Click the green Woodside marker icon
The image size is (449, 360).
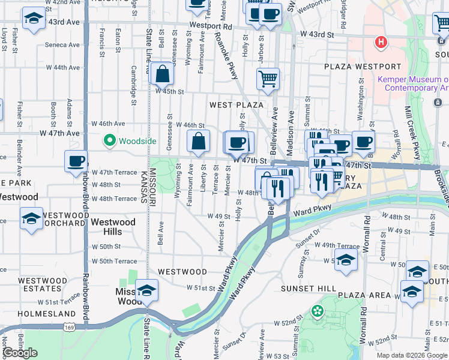[109, 141]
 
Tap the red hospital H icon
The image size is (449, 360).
[380, 42]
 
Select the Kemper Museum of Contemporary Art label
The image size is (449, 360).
[413, 83]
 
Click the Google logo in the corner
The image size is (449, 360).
[20, 353]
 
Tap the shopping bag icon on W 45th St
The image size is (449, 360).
[162, 76]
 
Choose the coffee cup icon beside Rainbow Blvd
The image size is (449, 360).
[76, 162]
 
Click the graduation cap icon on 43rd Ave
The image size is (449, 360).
[34, 19]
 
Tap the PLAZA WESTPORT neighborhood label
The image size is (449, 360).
[362, 67]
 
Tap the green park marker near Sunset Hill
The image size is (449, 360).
[317, 311]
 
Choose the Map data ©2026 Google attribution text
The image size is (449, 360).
[412, 355]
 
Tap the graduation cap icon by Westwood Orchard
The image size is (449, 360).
[31, 218]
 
